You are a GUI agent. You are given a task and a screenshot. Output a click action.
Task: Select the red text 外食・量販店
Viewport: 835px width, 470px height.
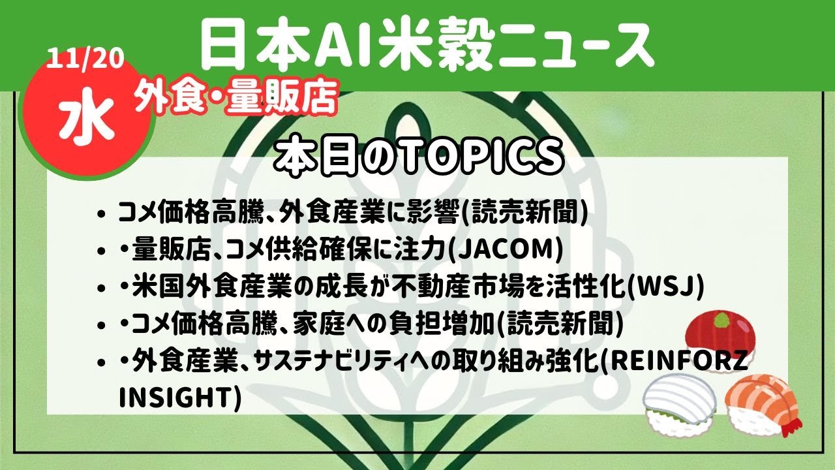[x=236, y=98]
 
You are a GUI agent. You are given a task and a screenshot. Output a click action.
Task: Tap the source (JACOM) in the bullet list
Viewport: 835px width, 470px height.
[x=506, y=251]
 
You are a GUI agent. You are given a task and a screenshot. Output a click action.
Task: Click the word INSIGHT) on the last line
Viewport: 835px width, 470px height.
[x=179, y=397]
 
